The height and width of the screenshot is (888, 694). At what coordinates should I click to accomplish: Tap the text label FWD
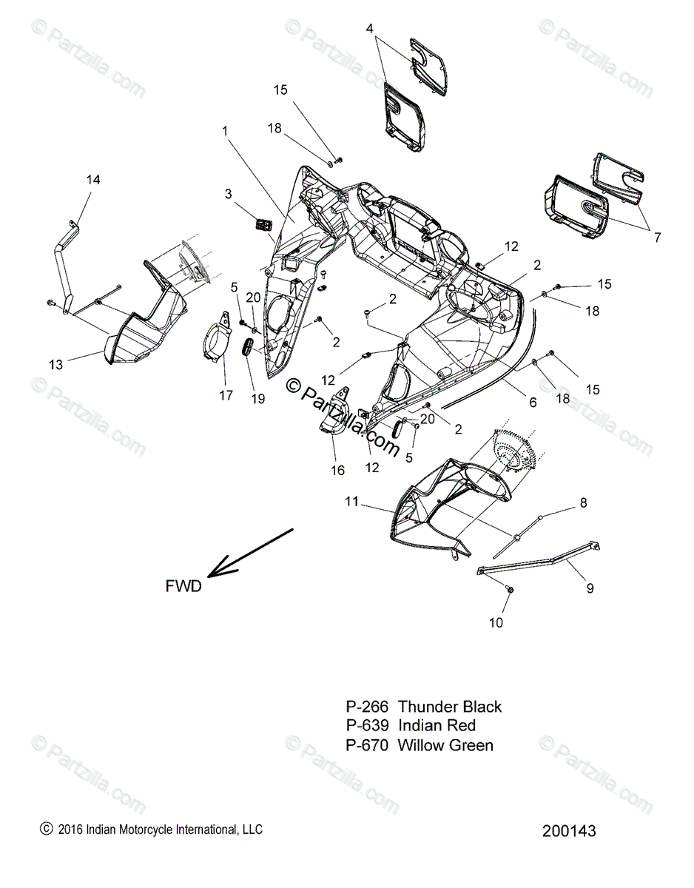click(183, 586)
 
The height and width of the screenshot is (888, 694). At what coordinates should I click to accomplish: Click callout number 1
click(205, 131)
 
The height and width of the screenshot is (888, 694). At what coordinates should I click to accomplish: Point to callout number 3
click(229, 194)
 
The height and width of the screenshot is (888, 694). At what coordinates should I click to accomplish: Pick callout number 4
click(370, 28)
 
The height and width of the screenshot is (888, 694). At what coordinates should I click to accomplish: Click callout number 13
click(56, 364)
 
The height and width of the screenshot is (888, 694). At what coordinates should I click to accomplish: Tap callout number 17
click(226, 396)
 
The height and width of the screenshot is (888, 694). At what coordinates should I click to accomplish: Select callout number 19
click(257, 399)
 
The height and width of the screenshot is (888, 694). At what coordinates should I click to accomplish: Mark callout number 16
click(337, 471)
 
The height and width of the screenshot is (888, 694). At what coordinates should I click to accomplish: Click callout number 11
click(351, 502)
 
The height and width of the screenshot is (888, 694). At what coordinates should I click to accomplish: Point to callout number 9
click(590, 588)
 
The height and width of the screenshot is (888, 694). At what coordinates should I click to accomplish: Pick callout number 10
click(496, 622)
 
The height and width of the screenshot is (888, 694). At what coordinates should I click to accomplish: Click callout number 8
click(583, 502)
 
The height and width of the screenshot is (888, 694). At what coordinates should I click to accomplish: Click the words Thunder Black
click(449, 707)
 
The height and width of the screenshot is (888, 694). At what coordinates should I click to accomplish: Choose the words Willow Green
click(445, 745)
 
